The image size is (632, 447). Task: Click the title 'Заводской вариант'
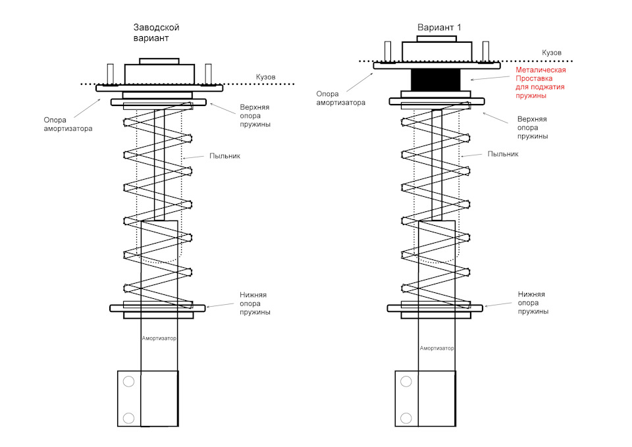157,33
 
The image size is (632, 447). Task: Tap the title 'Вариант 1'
439,28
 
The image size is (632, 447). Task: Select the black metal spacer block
436,80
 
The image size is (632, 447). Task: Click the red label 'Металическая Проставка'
540,74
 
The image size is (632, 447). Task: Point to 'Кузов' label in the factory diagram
265,77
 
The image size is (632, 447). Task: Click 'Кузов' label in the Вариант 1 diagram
552,53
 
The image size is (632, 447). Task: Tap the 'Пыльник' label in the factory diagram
224,156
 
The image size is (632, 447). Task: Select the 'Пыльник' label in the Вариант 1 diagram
502,154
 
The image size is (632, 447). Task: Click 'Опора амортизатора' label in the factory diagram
68,124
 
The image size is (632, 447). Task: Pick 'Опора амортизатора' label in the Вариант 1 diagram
340,98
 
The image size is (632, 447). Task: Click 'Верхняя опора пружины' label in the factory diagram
255,116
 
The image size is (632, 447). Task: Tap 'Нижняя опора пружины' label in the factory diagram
255,303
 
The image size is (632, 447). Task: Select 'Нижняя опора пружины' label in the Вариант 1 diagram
533,303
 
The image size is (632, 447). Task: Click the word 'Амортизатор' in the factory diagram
159,338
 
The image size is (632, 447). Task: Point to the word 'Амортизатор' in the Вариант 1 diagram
437,348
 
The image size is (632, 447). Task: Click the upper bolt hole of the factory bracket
128,381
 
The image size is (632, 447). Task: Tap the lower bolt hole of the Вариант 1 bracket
406,418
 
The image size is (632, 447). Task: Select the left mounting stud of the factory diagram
110,74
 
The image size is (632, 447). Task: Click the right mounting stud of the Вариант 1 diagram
486,51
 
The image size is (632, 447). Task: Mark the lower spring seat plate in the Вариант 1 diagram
435,308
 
